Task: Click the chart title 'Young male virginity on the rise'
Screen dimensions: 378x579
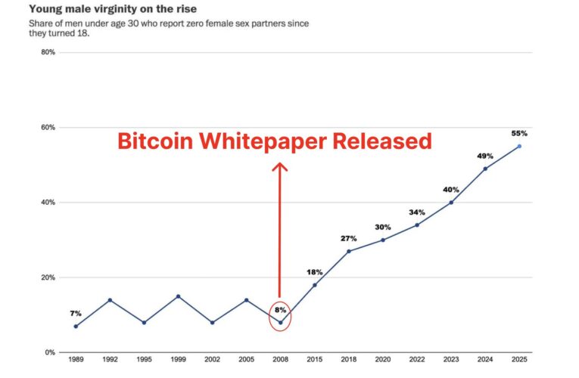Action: coord(111,10)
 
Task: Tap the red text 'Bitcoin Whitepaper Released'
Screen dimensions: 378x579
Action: coord(274,141)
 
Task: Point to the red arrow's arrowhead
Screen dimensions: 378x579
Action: coord(280,168)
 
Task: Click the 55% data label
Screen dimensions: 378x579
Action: coord(519,132)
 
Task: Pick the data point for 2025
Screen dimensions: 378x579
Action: coord(519,146)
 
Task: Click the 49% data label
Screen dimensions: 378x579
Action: coord(485,155)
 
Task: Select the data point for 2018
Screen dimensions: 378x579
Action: coord(348,251)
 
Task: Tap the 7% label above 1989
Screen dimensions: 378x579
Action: coord(76,313)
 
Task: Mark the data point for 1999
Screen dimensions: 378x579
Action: coord(178,296)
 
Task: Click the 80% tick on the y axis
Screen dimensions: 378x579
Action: coord(47,52)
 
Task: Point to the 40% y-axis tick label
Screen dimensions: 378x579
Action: coord(47,203)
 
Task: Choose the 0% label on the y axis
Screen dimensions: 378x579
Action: coord(49,352)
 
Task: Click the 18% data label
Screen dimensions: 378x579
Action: coord(314,271)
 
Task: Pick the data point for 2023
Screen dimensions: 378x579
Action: coord(451,202)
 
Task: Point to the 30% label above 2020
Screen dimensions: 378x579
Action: coord(382,227)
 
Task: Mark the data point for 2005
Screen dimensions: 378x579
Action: coord(246,300)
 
